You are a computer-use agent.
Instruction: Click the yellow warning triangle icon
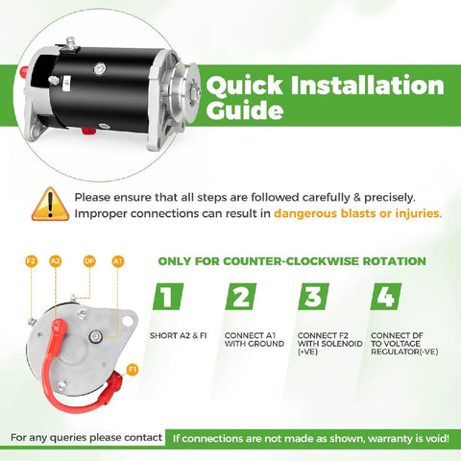click(x=49, y=204)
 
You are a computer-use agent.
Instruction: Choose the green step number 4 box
click(x=386, y=297)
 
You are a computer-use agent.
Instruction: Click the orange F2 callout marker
click(x=31, y=260)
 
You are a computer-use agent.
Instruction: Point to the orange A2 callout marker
click(x=55, y=260)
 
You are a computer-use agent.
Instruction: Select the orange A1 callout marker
click(x=117, y=260)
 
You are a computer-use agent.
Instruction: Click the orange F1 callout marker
click(x=132, y=368)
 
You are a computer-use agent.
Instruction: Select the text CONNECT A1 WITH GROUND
click(x=249, y=339)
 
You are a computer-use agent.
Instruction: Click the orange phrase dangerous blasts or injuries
click(x=357, y=213)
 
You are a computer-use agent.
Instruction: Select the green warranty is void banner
click(x=309, y=439)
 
